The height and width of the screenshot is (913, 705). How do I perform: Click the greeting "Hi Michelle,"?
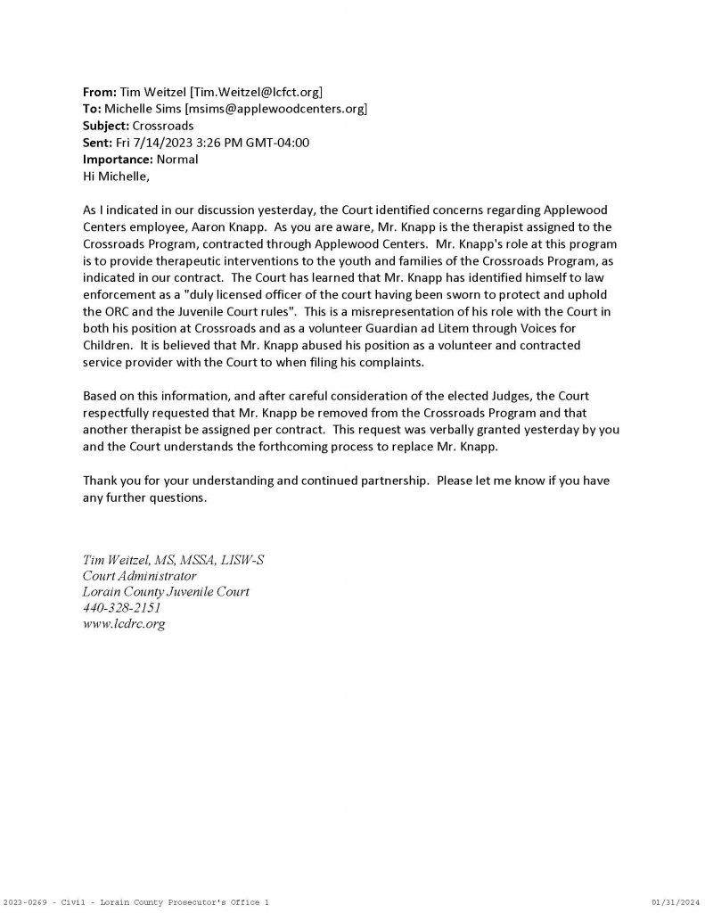pyautogui.click(x=115, y=177)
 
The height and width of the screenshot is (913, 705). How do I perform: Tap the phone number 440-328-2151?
pyautogui.click(x=121, y=608)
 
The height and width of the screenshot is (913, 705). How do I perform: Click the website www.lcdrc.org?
pyautogui.click(x=124, y=624)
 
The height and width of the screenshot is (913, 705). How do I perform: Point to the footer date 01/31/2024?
pyautogui.click(x=676, y=903)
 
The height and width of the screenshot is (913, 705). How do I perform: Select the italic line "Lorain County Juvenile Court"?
pyautogui.click(x=166, y=592)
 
